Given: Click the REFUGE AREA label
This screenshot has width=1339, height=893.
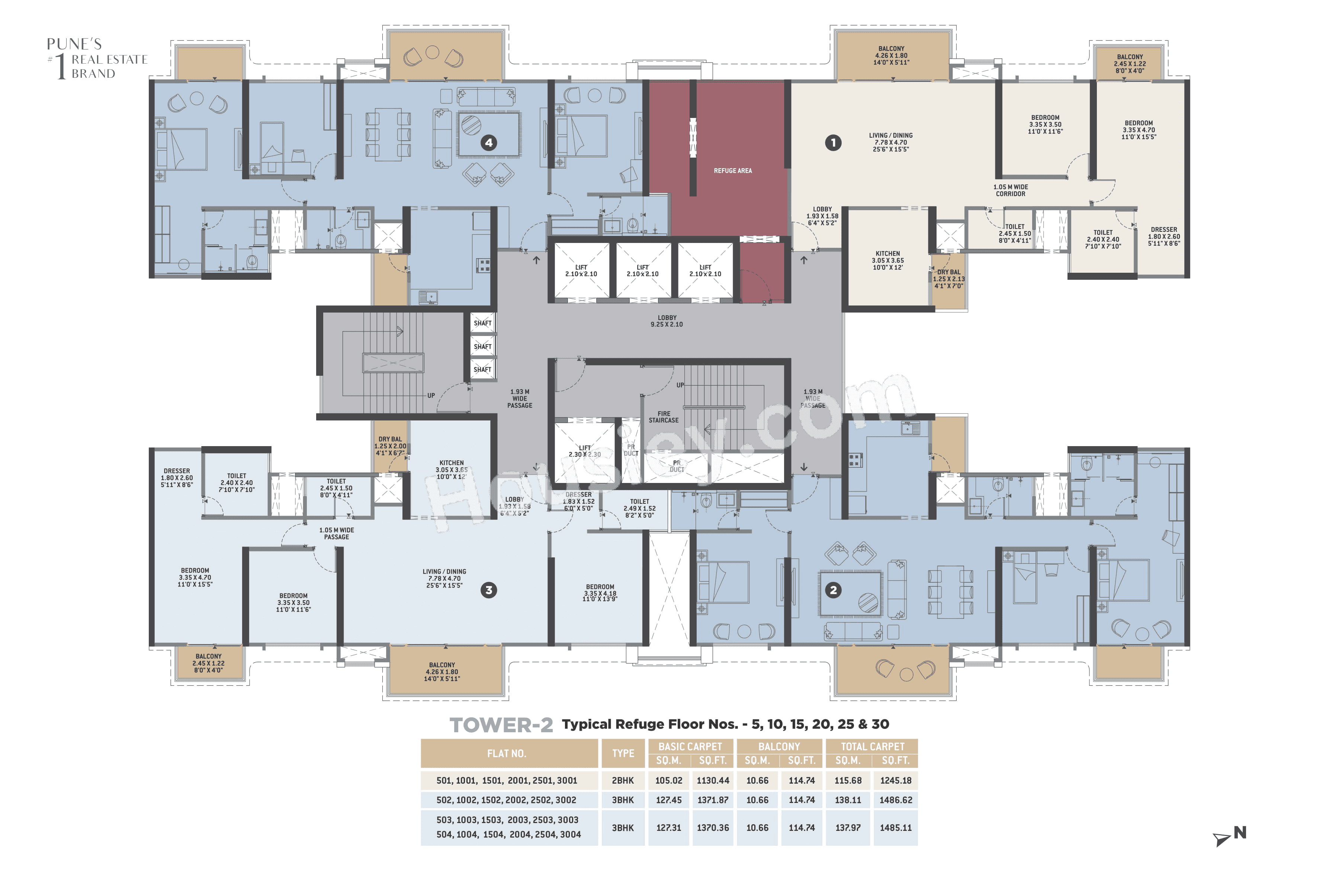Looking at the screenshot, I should click(733, 171).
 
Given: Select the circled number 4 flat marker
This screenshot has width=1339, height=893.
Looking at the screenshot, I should click(488, 143).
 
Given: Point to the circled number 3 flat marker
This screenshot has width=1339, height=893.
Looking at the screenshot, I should click(488, 590).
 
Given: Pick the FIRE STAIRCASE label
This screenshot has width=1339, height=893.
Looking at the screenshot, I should click(664, 417).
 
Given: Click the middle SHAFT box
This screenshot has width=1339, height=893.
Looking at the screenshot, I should click(482, 346).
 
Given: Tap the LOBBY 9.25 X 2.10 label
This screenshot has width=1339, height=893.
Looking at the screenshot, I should click(667, 321).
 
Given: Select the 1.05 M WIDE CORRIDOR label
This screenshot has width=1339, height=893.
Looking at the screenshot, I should click(1011, 190).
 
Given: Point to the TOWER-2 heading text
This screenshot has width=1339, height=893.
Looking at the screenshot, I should click(501, 725).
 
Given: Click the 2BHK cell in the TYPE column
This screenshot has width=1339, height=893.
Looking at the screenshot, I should click(623, 781).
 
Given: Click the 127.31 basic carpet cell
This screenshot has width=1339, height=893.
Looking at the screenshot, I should click(668, 828).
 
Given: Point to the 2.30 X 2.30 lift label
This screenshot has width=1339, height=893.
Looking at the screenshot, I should click(585, 451).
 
